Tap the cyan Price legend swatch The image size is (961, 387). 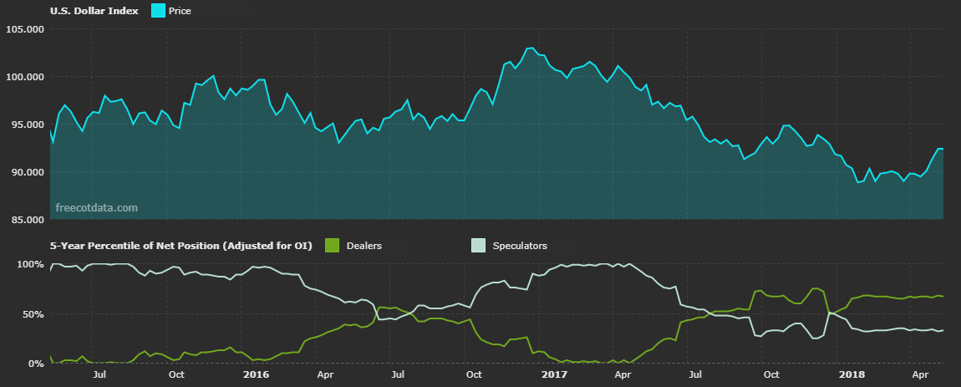158,11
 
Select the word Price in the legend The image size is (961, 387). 181,11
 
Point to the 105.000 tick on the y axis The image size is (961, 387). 24,29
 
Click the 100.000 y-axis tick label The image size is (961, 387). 24,77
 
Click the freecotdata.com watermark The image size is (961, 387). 96,207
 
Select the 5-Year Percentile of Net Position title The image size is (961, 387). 181,246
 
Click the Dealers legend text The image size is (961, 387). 364,246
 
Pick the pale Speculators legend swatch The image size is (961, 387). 477,246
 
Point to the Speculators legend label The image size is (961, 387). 520,246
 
